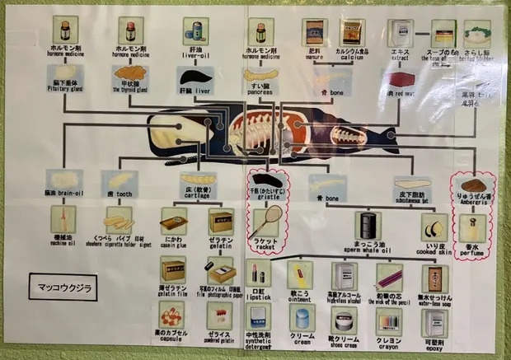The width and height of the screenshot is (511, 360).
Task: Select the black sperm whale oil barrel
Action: click(x=367, y=224)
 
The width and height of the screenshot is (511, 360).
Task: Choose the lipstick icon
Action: click(x=257, y=273)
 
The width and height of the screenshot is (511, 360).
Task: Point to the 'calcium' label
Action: click(x=351, y=57)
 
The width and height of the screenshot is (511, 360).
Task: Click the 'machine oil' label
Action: click(x=63, y=241)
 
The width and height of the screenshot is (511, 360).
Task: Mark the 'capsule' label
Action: click(x=171, y=335)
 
